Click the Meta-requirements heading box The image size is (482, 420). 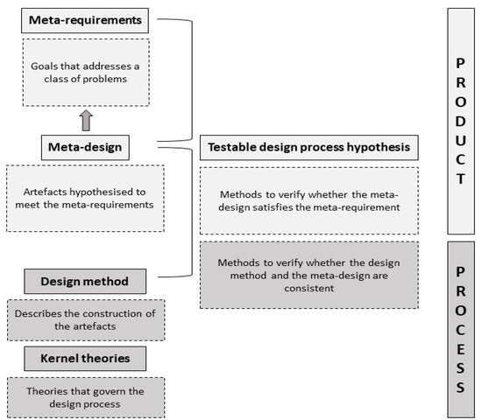click(x=85, y=21)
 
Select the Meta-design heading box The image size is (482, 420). click(x=85, y=147)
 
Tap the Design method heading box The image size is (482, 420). click(x=85, y=281)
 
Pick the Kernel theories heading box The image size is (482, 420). click(x=85, y=359)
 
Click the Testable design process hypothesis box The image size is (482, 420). click(x=309, y=147)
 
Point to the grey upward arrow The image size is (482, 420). click(x=86, y=121)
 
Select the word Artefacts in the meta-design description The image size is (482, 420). click(x=45, y=192)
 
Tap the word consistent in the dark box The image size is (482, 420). click(x=309, y=288)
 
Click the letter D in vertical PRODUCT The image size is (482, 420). click(x=460, y=122)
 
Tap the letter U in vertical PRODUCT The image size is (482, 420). click(x=460, y=141)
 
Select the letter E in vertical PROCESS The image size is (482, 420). click(x=460, y=349)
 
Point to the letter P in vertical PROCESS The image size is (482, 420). click(x=460, y=272)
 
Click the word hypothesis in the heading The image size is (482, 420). click(x=379, y=147)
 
